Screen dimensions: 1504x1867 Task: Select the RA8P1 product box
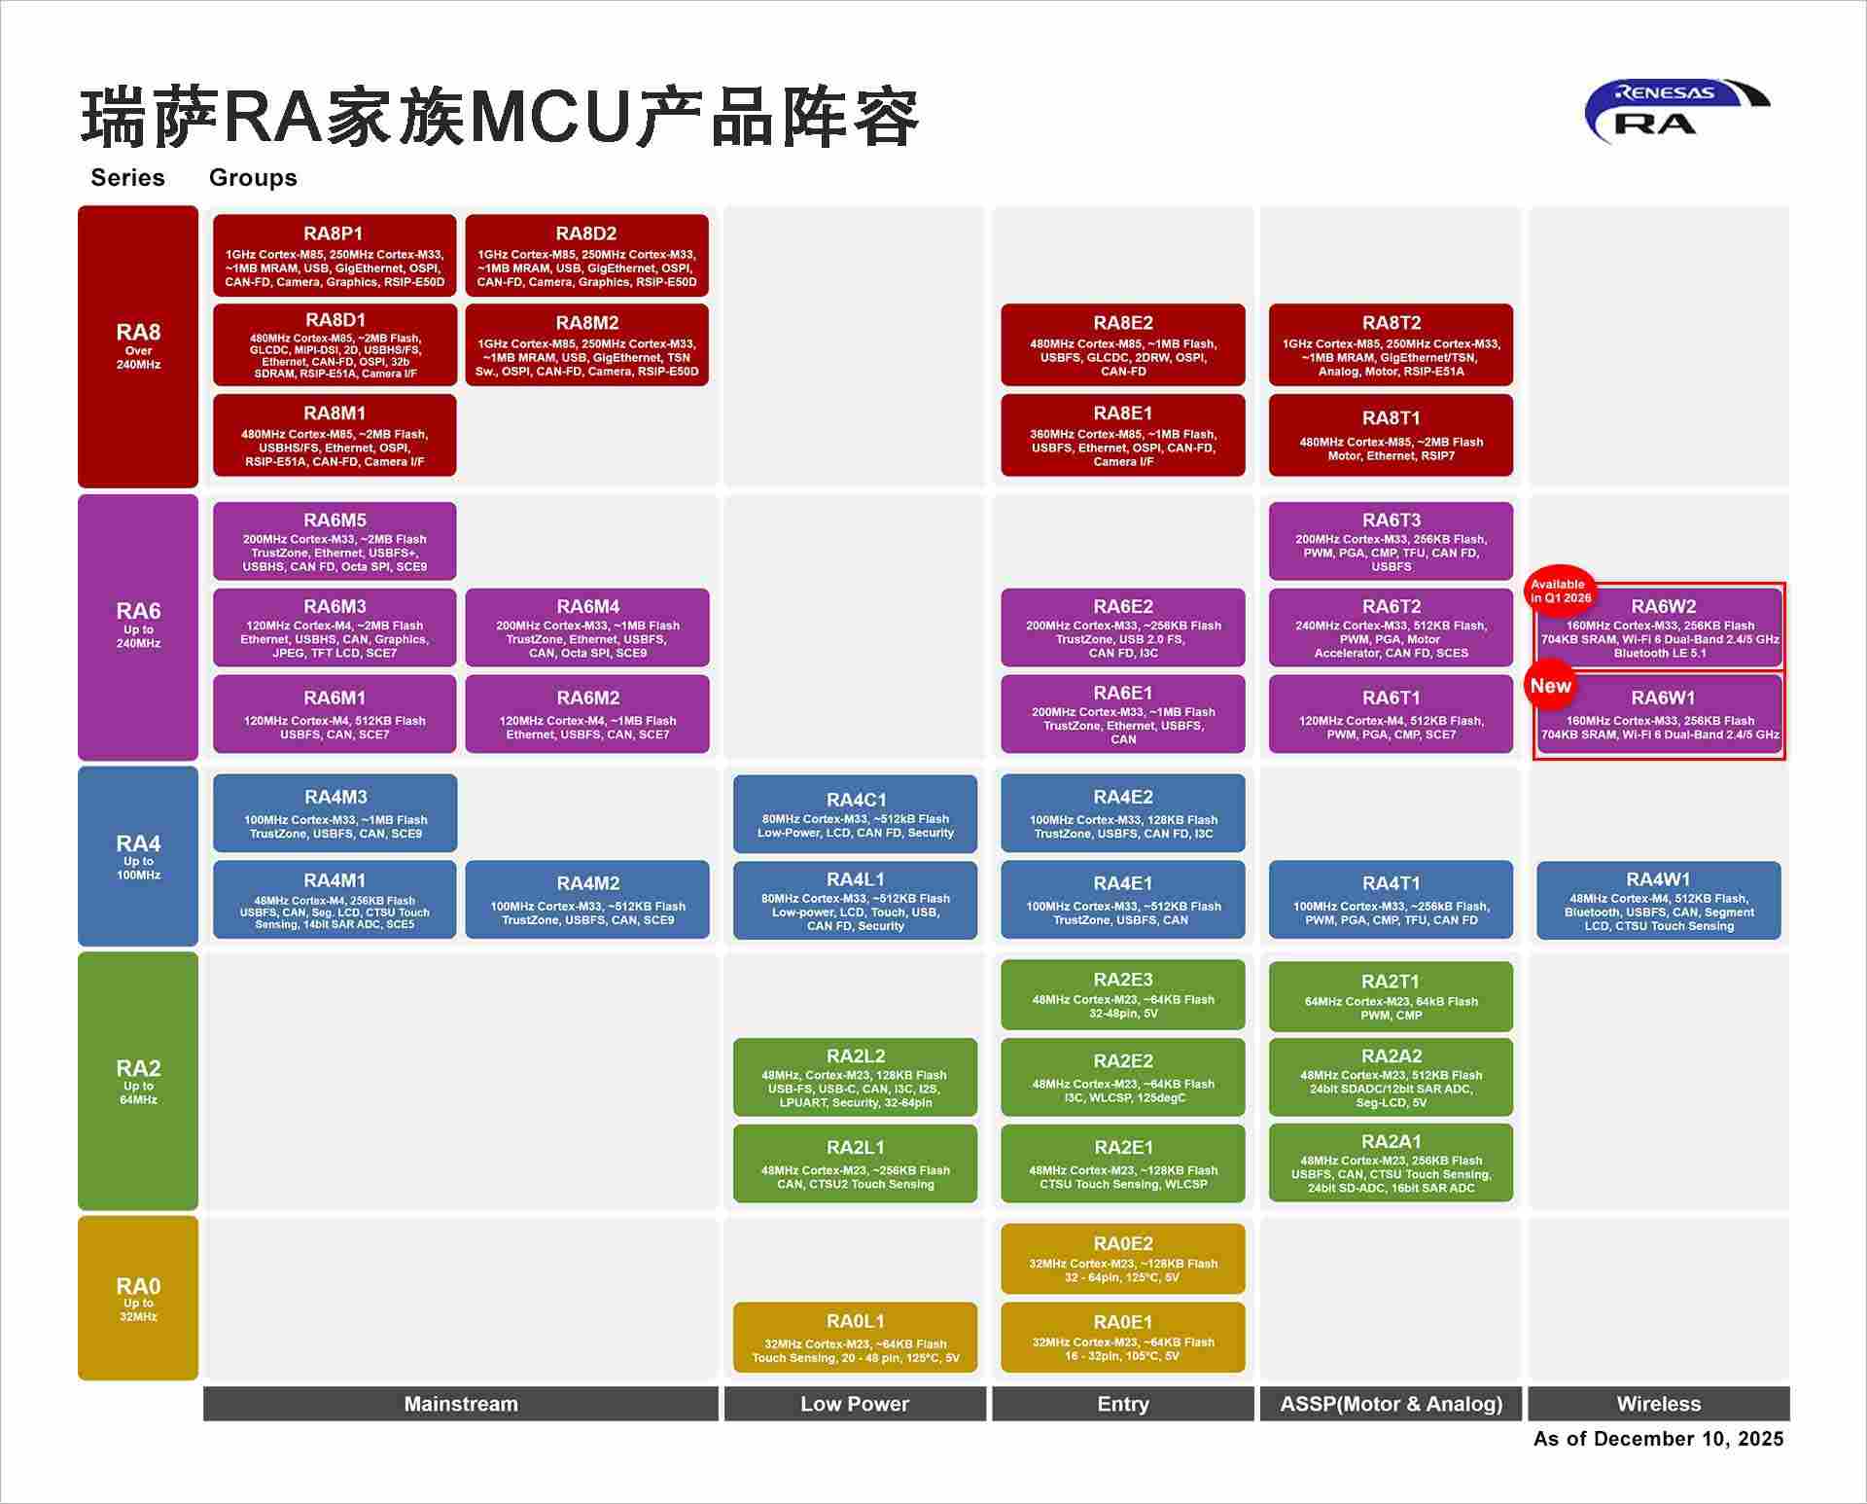click(335, 255)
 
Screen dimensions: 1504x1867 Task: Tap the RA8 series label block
click(138, 346)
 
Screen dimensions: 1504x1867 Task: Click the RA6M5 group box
click(335, 541)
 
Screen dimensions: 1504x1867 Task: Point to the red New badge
click(1550, 686)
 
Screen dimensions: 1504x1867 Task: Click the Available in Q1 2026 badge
click(1560, 591)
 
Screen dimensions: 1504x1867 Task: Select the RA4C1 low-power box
click(855, 814)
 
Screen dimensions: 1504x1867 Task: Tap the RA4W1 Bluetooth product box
click(1659, 901)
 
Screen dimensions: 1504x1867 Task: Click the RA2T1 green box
click(1391, 997)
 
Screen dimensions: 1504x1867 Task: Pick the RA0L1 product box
click(855, 1338)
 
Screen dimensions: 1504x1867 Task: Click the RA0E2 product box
click(1123, 1259)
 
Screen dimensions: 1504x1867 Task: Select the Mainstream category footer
click(461, 1404)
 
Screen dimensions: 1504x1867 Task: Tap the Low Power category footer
click(855, 1404)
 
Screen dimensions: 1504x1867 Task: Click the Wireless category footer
click(1659, 1404)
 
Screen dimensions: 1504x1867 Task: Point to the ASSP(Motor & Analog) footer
click(1391, 1404)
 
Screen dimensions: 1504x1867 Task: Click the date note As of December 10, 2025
click(1658, 1439)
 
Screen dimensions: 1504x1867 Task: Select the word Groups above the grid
click(253, 178)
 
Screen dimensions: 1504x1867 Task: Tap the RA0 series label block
click(138, 1298)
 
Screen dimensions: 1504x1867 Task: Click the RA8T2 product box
click(1391, 344)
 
